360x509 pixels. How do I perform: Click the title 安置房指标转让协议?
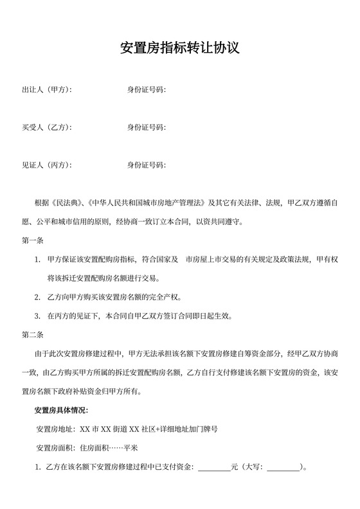click(x=180, y=48)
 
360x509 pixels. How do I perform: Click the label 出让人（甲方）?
click(x=46, y=89)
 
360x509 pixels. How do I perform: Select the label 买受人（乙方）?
click(x=46, y=127)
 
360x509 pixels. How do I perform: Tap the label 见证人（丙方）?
click(x=46, y=165)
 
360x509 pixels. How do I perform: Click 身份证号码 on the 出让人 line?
click(x=147, y=89)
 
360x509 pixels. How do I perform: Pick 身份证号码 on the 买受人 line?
click(x=147, y=127)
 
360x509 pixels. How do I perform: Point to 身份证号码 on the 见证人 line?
click(x=147, y=165)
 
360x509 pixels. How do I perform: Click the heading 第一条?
click(x=32, y=241)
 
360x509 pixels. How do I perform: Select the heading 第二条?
click(x=32, y=335)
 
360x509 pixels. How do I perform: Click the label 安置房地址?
click(x=56, y=429)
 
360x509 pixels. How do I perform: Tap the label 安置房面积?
click(x=56, y=447)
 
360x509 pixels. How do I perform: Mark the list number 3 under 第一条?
click(x=37, y=316)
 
